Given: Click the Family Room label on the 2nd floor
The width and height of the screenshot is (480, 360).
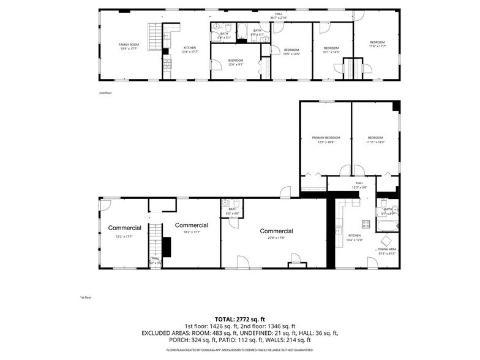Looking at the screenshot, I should (129, 45).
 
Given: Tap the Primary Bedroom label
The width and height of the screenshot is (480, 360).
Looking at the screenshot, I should (325, 138).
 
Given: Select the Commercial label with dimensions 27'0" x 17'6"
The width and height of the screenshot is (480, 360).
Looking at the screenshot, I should (276, 231).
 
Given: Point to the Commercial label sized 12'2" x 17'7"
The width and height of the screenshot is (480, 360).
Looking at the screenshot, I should (125, 228).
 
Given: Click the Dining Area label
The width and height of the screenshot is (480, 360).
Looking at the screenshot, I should (387, 249).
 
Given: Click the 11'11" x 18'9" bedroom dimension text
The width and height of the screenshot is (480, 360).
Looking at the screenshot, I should (375, 143).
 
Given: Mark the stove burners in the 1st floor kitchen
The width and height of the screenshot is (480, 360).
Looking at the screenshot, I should (366, 224).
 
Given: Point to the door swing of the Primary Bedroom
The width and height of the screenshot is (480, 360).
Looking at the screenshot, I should (345, 170).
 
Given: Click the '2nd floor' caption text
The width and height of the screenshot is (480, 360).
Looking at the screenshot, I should (105, 93).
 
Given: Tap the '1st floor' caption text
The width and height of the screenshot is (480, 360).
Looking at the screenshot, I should (86, 298).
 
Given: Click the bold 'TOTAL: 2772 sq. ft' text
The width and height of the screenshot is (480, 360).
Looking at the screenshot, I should (239, 320).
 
